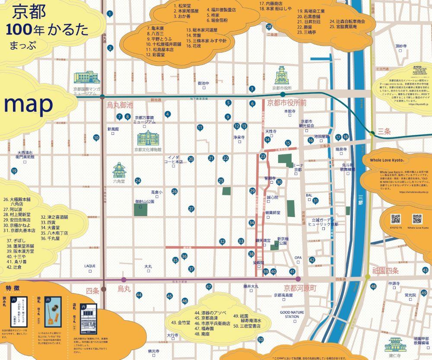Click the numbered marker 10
click(x=96, y=138)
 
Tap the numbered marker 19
click(x=14, y=171)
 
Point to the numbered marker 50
click(x=260, y=340)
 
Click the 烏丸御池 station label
click(x=120, y=105)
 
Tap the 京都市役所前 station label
click(x=286, y=103)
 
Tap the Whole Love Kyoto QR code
click(x=417, y=219)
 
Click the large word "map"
click(x=29, y=104)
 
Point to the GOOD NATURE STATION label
click(x=289, y=314)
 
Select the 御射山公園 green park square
click(x=140, y=209)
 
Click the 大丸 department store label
click(x=148, y=267)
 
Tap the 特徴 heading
click(x=13, y=288)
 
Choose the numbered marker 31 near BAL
click(x=316, y=201)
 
